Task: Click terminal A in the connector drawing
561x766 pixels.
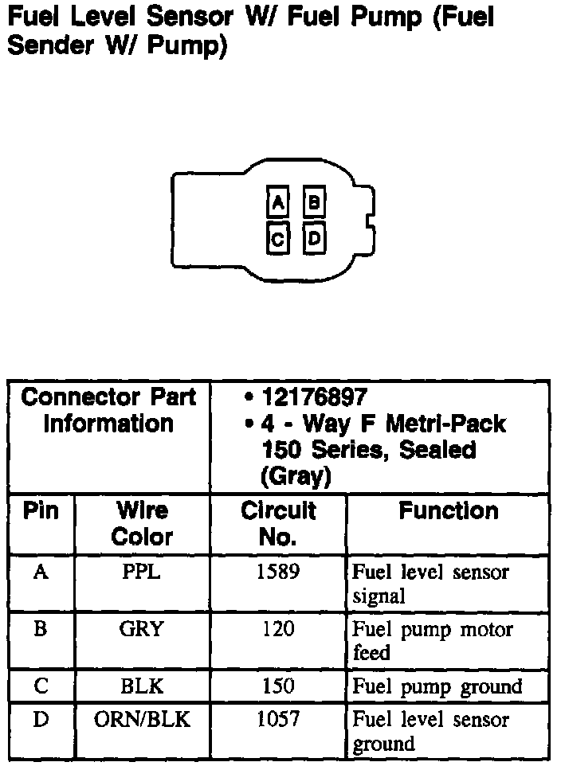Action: pyautogui.click(x=277, y=204)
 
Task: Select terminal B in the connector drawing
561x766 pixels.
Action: pyautogui.click(x=314, y=204)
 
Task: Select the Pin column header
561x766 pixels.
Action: pyautogui.click(x=41, y=510)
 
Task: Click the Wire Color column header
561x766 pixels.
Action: pyautogui.click(x=142, y=523)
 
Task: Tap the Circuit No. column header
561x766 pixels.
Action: pyautogui.click(x=278, y=523)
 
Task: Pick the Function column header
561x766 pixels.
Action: pyautogui.click(x=448, y=510)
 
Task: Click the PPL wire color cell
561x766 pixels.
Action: pyautogui.click(x=142, y=573)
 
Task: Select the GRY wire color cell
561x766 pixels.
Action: pyautogui.click(x=142, y=630)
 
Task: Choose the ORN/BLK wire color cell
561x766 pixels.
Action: pyautogui.click(x=142, y=720)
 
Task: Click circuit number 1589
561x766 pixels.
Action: pyautogui.click(x=278, y=573)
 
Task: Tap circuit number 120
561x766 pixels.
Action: pyautogui.click(x=278, y=630)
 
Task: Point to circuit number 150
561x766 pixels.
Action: pyautogui.click(x=278, y=686)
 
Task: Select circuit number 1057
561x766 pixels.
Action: pyautogui.click(x=278, y=720)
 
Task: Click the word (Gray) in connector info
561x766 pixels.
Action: pyautogui.click(x=295, y=476)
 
